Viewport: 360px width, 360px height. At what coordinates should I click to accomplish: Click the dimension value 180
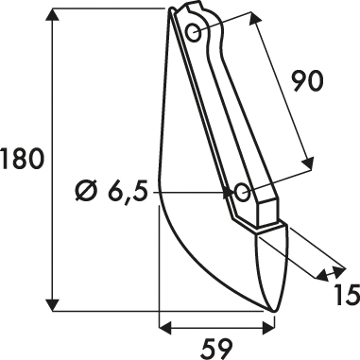(x=21, y=159)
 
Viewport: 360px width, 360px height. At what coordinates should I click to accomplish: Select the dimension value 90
(x=307, y=81)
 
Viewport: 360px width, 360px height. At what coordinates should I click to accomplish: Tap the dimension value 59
(x=216, y=349)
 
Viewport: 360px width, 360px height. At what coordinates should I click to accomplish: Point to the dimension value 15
(x=347, y=295)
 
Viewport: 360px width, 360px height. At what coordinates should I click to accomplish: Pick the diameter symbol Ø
(x=86, y=192)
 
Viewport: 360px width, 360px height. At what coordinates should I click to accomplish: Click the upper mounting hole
(x=193, y=32)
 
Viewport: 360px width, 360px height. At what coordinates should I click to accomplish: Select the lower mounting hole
(x=242, y=192)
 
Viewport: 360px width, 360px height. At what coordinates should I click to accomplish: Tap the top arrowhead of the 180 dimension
(x=52, y=15)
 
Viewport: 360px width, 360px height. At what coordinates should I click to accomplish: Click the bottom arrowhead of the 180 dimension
(x=52, y=305)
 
